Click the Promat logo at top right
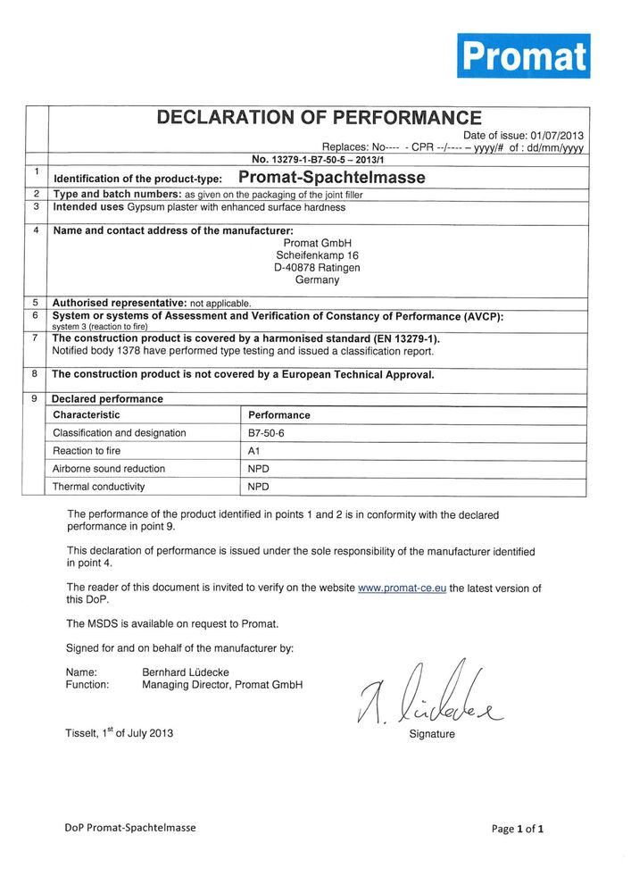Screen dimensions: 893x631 coord(524,56)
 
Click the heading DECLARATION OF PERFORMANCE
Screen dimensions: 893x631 coord(319,117)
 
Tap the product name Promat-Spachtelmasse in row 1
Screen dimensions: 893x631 coord(332,178)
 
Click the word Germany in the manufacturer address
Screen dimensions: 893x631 coord(318,280)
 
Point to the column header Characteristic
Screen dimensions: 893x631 coord(87,415)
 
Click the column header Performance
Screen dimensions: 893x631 coord(279,415)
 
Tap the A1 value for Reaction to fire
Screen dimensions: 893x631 coord(253,451)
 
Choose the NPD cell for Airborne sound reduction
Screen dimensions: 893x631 coord(259,469)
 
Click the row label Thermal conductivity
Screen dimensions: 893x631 coord(98,487)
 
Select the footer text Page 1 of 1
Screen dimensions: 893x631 coord(518,829)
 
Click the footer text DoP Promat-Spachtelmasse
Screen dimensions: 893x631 coord(130,827)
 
